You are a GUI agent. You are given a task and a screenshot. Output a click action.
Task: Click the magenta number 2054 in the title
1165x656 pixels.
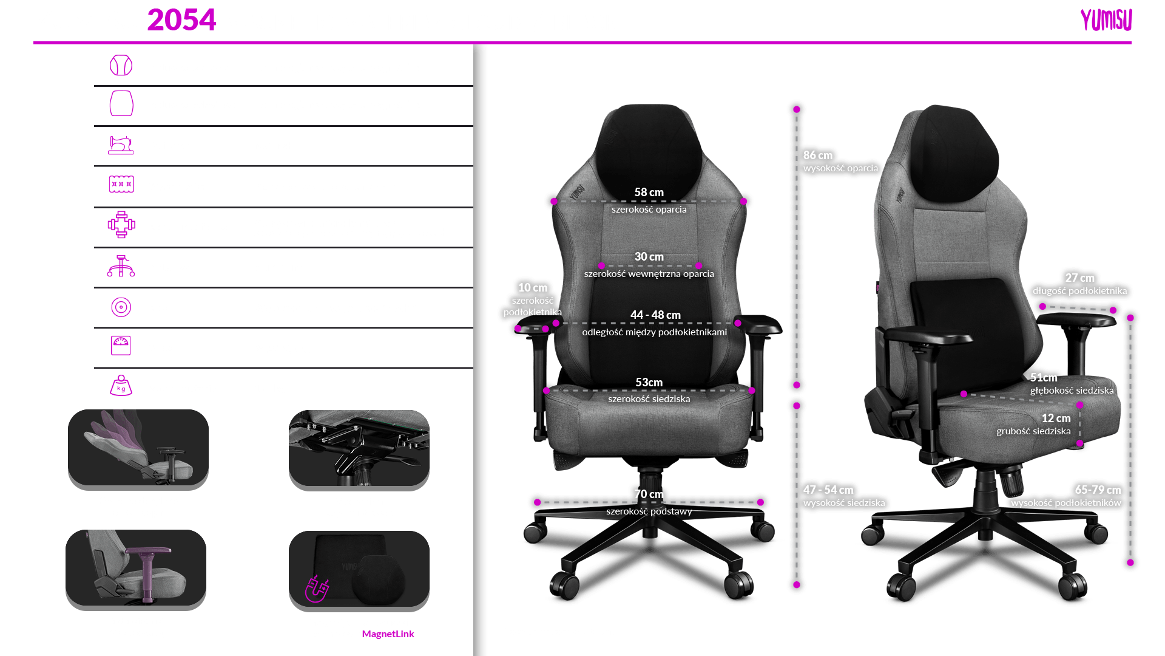181,21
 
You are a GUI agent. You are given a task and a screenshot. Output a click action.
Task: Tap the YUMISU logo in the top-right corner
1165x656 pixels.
1106,21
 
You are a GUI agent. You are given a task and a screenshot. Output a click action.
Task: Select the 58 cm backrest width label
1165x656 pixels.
649,193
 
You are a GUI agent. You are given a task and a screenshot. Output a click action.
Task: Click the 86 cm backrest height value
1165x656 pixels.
817,155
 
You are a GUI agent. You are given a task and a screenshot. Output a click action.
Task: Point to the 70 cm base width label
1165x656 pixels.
649,494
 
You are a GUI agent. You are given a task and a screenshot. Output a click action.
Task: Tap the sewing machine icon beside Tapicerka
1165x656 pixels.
121,145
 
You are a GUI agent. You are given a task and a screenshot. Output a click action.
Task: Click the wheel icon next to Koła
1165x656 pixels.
121,307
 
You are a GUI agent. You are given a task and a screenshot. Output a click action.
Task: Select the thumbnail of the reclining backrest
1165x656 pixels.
138,449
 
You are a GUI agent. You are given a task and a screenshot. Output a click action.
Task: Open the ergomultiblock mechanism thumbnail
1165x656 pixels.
359,449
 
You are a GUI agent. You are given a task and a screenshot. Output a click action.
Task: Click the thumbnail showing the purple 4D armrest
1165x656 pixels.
136,569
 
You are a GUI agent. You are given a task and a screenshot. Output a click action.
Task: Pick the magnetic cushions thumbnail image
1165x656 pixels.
359,570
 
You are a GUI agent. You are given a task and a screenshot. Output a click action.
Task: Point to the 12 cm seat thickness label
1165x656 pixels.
1056,419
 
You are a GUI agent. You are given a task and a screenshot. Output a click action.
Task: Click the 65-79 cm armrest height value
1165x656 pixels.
1097,490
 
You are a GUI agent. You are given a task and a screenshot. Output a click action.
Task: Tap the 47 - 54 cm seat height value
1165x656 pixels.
828,490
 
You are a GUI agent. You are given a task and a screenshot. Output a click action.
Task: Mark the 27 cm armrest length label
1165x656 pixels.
1079,278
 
